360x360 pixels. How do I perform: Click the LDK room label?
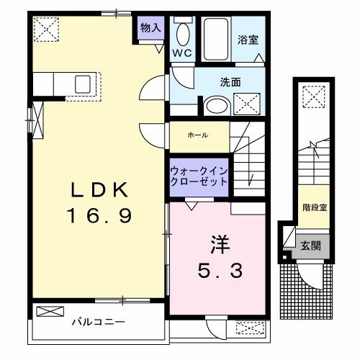[99, 190]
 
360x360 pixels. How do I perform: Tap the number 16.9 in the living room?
[100, 215]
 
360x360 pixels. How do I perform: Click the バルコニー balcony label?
[99, 323]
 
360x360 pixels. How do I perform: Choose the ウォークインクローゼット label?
[199, 176]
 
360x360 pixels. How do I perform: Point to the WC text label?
[181, 53]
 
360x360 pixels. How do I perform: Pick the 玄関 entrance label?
[311, 246]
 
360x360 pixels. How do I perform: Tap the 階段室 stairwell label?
[314, 206]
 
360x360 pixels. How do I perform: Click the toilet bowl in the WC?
[182, 34]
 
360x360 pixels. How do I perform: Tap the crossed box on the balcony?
[49, 312]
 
